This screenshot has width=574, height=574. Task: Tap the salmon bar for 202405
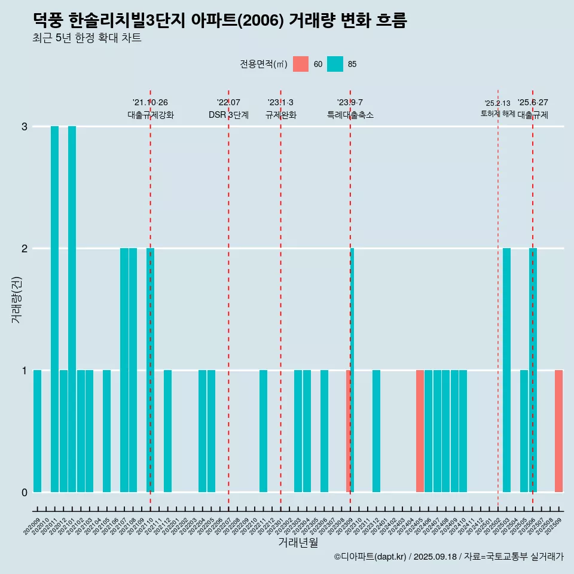point(420,431)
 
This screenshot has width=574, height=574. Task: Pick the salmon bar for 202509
point(558,431)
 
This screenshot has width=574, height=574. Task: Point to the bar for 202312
point(376,431)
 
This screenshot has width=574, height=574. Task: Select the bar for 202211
point(263,431)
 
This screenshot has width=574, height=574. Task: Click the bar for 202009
point(37,431)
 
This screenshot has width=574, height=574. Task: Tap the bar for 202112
point(167,431)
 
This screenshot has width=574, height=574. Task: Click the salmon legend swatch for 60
point(301,64)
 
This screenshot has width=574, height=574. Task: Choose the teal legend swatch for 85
point(335,64)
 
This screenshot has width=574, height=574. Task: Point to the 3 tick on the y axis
point(25,127)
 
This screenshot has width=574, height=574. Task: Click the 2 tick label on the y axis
point(25,249)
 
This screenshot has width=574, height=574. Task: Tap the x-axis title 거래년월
point(298,542)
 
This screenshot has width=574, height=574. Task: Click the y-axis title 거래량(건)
point(16,299)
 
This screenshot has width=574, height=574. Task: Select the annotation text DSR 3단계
point(228,115)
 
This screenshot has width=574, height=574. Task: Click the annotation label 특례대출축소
point(350,115)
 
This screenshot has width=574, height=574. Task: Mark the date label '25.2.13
point(497,103)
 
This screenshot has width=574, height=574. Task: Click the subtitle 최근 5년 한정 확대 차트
point(87,38)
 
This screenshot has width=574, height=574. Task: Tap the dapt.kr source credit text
point(448,557)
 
